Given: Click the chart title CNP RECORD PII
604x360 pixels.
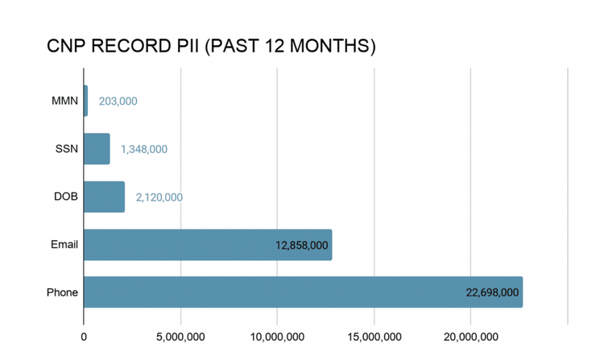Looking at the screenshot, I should point(212,46).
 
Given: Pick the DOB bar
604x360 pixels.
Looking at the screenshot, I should point(104,197).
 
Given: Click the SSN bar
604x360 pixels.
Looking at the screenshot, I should point(97,149).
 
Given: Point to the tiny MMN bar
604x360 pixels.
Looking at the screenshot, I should point(85,101).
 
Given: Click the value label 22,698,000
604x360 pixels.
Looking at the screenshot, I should point(492,292).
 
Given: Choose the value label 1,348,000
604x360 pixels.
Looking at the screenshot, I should point(144,149).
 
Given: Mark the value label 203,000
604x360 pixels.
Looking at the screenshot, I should point(118,101).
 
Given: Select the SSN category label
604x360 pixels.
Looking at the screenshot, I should point(66,149).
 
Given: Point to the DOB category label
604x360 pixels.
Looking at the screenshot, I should point(65,197).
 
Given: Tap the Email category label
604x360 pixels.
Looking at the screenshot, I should point(64,245).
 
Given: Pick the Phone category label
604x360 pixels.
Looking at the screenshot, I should point(62,292).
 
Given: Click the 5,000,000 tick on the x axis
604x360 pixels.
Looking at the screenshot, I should point(180,336).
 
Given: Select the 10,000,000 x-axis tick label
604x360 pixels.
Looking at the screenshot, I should point(277,336).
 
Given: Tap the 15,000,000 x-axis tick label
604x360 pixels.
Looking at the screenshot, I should point(374,336).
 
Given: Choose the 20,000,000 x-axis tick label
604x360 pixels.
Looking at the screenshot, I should point(471,336).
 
